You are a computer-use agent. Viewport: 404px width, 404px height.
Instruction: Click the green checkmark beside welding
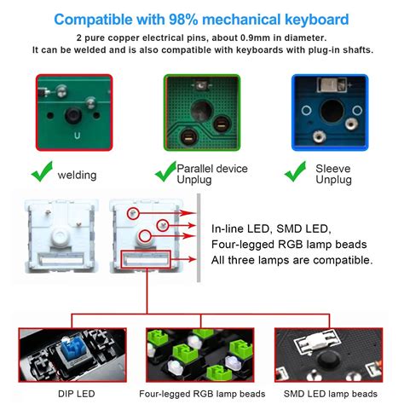pos(42,173)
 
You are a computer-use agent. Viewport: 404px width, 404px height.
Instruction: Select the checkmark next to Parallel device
pos(164,173)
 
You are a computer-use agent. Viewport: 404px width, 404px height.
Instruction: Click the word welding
pos(76,175)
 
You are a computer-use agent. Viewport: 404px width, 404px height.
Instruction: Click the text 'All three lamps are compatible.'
pos(291,260)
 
